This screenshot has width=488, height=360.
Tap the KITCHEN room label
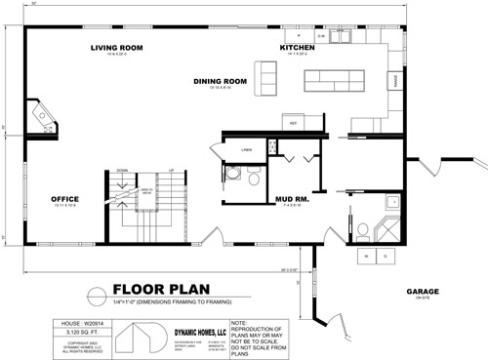(298, 46)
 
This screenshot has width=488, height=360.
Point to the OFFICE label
(64, 199)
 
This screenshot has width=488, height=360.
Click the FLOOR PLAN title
(156, 289)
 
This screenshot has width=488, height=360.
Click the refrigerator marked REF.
(293, 123)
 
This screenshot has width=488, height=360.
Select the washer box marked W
(366, 256)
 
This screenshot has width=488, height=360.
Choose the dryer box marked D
(382, 256)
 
